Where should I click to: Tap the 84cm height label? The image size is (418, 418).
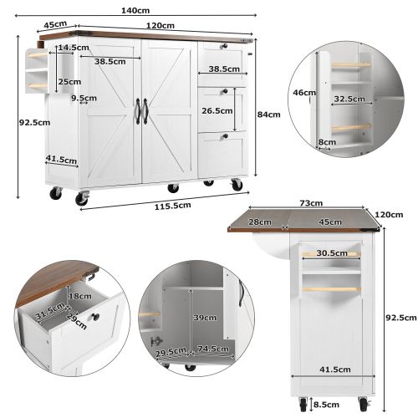coord(268,115)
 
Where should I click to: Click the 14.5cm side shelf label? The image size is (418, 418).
coord(74,48)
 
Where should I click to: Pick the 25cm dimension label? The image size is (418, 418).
coord(70,82)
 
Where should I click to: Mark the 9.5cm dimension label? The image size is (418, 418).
coord(84,98)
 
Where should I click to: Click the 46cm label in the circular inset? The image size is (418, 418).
coord(304,92)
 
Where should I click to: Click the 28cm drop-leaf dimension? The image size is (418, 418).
coord(259,222)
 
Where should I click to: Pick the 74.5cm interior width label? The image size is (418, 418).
coord(213,349)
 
